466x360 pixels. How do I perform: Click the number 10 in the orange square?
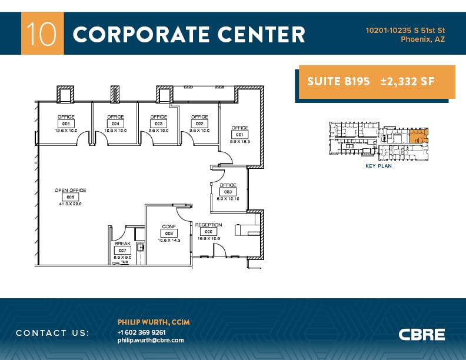point(42,34)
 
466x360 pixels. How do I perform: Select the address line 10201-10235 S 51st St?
point(405,29)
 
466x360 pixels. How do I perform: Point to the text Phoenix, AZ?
point(422,39)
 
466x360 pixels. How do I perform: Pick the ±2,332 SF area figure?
point(407,82)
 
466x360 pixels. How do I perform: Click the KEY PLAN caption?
point(379,166)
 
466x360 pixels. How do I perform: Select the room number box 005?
point(65,124)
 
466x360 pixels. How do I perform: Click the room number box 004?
point(115,124)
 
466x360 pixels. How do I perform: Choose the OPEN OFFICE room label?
point(71,191)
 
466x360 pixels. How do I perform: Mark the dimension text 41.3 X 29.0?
point(71,204)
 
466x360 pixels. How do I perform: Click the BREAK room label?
point(122,244)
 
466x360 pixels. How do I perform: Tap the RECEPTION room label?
point(208,225)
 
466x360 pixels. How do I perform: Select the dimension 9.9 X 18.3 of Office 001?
point(239,141)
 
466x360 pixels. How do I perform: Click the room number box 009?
point(228,192)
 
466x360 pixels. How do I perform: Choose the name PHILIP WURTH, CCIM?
point(154,322)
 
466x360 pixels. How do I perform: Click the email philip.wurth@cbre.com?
point(151,340)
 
